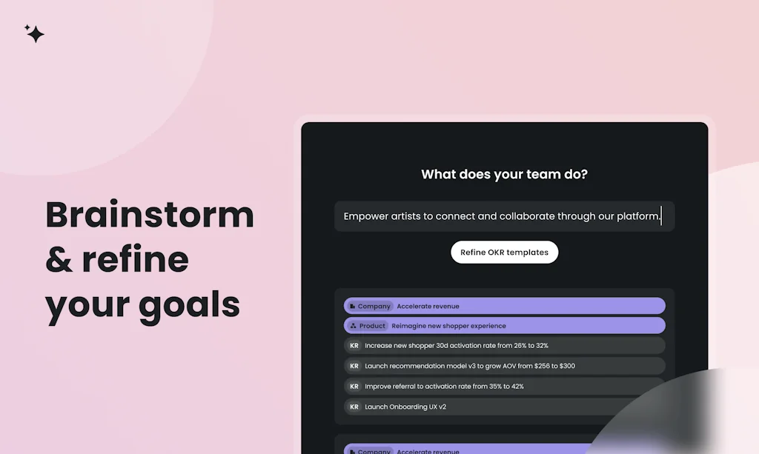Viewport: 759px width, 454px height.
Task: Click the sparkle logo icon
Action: click(x=34, y=33)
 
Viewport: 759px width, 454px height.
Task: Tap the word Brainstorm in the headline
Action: click(x=150, y=215)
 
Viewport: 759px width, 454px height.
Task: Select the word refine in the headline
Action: click(x=136, y=259)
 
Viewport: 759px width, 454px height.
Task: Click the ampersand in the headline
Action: click(x=59, y=260)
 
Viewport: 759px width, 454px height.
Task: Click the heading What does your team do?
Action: click(x=504, y=175)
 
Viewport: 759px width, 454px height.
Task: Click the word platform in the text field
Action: click(x=637, y=216)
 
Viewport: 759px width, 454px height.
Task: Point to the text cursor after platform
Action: click(x=661, y=216)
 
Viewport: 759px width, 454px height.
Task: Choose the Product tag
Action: click(x=368, y=326)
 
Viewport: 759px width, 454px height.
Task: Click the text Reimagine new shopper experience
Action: click(x=448, y=326)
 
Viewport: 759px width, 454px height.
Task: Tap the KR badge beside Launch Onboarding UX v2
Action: click(x=354, y=407)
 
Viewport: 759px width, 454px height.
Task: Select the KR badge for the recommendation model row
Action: click(x=354, y=366)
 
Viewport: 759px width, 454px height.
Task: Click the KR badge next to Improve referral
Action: click(x=354, y=386)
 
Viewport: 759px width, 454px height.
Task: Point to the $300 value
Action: click(x=566, y=366)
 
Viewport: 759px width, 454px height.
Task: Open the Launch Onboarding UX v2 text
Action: click(x=405, y=407)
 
